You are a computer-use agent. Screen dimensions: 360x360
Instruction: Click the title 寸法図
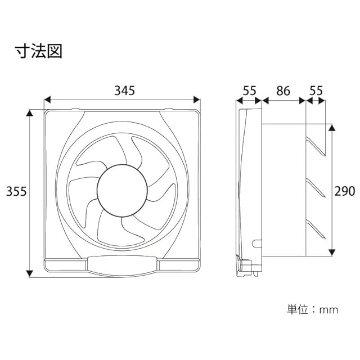tap(39, 51)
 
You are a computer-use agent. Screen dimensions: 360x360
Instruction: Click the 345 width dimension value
tap(124, 91)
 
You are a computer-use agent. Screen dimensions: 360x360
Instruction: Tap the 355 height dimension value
tap(16, 191)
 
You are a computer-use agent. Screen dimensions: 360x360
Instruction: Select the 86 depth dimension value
tap(283, 91)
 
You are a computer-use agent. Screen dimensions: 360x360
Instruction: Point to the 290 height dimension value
tap(345, 191)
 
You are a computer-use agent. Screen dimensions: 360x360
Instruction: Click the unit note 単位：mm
tap(313, 310)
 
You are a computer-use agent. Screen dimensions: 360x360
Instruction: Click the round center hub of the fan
tap(122, 190)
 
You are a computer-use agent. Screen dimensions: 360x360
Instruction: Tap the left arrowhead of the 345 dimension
tap(47, 100)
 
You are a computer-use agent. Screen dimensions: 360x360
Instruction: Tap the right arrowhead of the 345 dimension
tap(197, 100)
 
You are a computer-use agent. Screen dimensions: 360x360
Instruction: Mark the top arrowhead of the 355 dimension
tap(29, 113)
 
